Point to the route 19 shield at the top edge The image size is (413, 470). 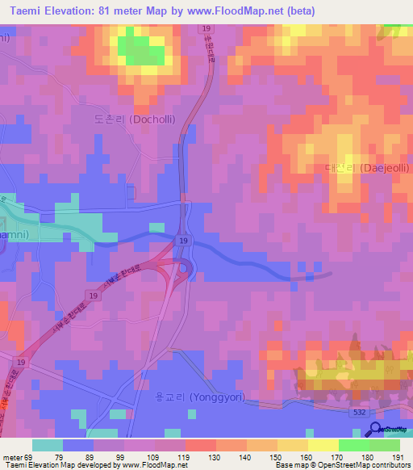click(207, 29)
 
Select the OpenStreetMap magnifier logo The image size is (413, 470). click(375, 430)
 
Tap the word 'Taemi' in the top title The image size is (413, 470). click(25, 10)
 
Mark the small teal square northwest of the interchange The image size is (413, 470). click(156, 227)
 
